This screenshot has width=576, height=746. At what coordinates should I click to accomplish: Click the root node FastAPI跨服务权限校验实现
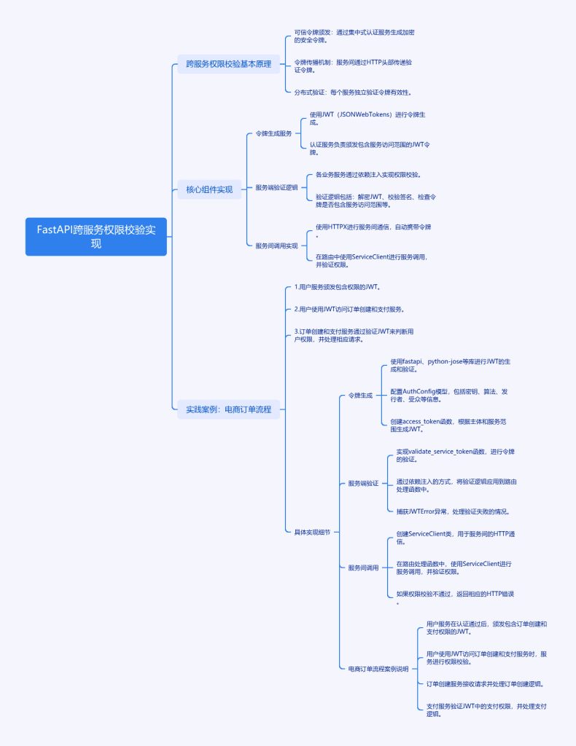pyautogui.click(x=96, y=236)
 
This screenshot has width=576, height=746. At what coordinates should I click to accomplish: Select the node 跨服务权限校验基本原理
pyautogui.click(x=228, y=65)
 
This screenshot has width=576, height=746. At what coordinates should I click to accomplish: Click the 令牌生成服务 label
pyautogui.click(x=273, y=133)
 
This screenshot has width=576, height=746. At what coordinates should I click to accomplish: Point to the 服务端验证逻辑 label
pyautogui.click(x=276, y=187)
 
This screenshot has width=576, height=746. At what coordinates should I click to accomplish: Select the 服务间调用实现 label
pyautogui.click(x=276, y=246)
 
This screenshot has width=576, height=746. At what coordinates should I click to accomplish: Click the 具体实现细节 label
pyautogui.click(x=312, y=532)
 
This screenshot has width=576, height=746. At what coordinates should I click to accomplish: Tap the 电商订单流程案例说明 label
pyautogui.click(x=378, y=668)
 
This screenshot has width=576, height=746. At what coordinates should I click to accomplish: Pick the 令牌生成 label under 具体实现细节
pyautogui.click(x=360, y=396)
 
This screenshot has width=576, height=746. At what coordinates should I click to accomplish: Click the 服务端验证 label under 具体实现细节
pyautogui.click(x=363, y=483)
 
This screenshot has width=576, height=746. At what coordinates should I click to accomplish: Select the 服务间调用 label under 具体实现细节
pyautogui.click(x=363, y=568)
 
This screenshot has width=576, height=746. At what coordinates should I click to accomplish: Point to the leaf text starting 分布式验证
pyautogui.click(x=353, y=93)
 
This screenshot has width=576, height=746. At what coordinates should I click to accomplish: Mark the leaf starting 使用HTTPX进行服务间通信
pyautogui.click(x=378, y=231)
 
